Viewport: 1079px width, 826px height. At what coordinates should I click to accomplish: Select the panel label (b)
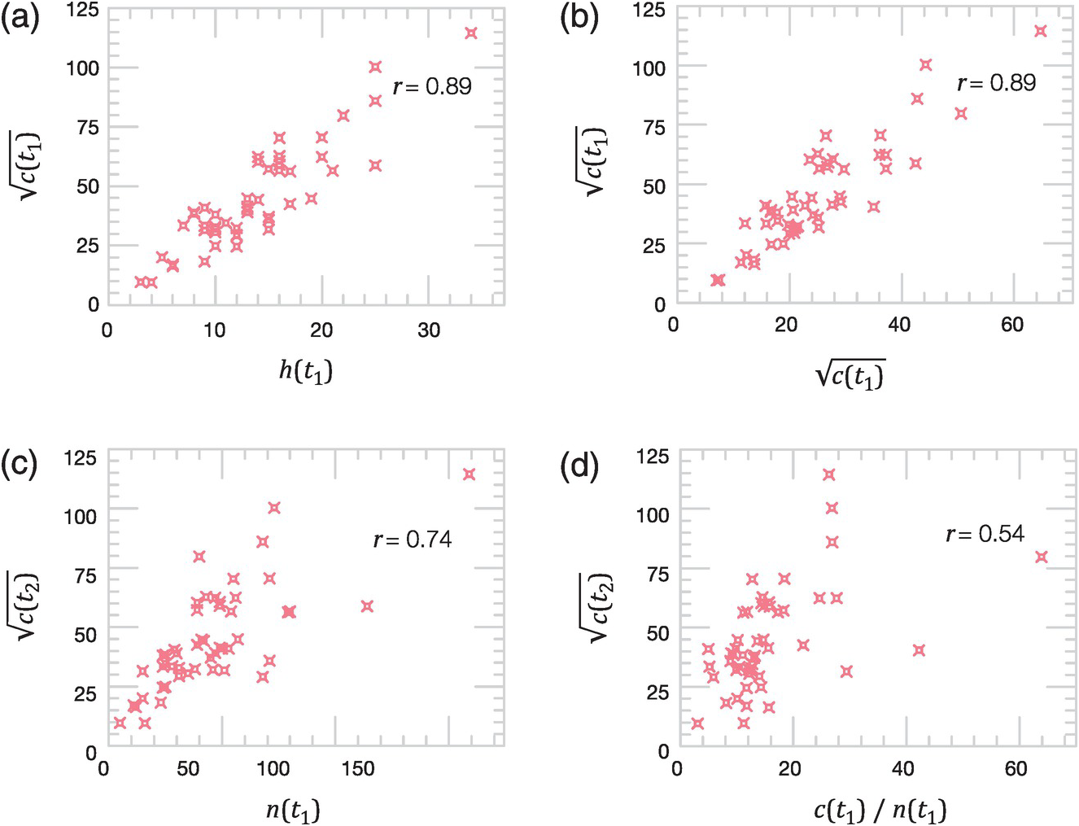pos(579,18)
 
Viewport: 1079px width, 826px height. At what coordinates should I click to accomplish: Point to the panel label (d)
pos(579,465)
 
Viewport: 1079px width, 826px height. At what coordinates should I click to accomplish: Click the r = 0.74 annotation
pos(413,540)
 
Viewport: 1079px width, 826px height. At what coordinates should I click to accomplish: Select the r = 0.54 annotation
pos(985,535)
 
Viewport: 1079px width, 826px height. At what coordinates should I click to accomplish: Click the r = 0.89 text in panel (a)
pos(432,87)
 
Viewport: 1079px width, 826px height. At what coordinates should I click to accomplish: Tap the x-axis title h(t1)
pos(305,371)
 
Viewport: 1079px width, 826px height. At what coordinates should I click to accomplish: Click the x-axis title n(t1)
pos(294,811)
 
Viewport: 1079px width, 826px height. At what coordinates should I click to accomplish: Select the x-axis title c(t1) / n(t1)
pos(879,811)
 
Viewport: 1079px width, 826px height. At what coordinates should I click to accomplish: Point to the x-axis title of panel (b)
pos(850,374)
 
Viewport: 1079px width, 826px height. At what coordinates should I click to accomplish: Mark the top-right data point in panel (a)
pos(470,33)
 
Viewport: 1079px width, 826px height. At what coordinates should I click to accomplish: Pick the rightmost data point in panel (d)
pos(1041,557)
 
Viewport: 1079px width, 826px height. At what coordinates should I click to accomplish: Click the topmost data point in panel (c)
pos(469,474)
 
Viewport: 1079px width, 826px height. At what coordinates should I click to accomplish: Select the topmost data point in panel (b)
pos(1040,31)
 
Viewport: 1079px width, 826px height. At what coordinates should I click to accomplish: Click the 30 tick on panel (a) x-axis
pos(429,330)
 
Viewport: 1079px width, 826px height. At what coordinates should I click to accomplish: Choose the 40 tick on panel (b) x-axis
pos(899,324)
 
